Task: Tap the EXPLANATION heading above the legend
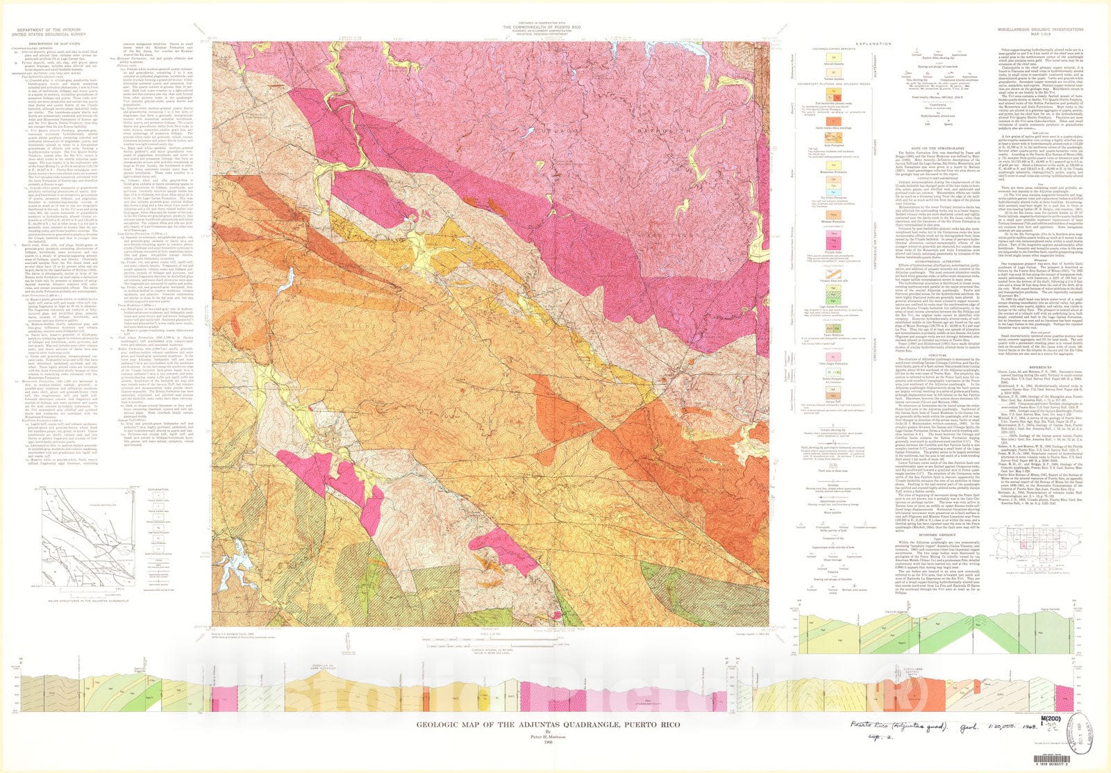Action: coord(873,44)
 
